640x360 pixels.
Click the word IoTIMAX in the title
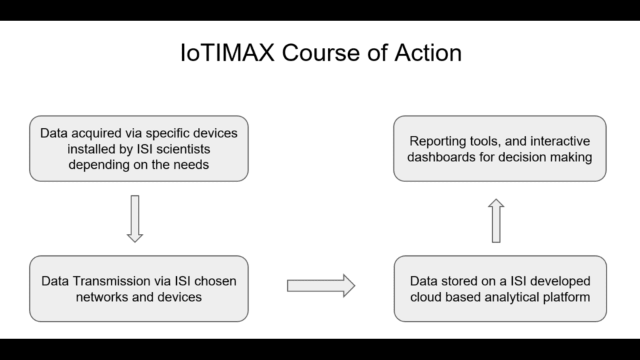click(227, 53)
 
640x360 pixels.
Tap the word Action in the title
click(428, 53)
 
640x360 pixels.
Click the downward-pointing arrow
click(135, 219)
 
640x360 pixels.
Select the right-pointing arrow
click(321, 286)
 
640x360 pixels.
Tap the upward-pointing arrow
click(496, 221)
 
